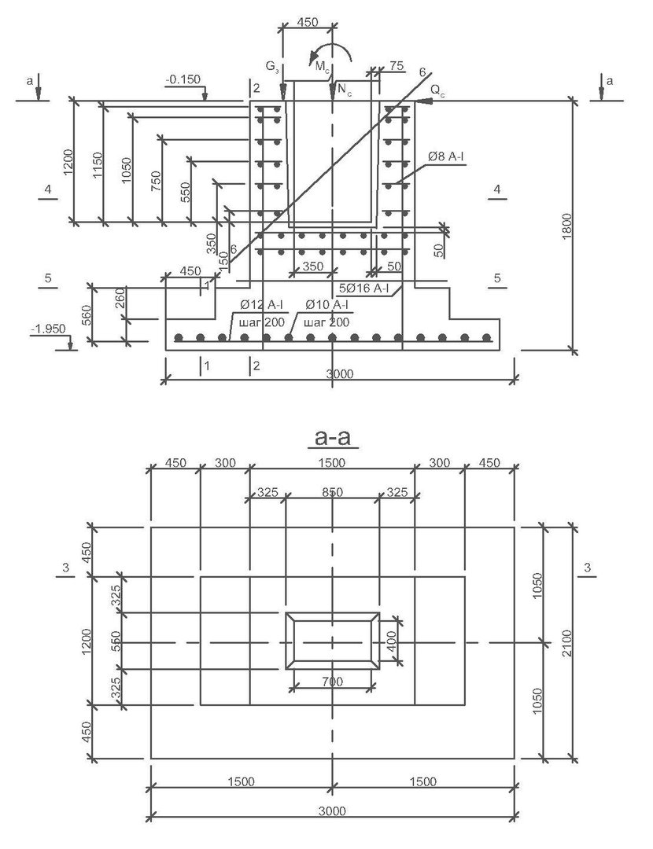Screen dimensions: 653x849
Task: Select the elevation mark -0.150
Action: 183,79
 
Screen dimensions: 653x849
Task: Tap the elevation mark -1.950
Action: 49,329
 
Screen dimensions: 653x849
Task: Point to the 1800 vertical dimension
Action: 566,227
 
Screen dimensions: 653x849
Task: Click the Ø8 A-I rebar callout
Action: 446,157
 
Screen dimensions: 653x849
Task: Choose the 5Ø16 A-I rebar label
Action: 363,289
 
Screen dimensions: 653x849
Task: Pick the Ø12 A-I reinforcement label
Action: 261,305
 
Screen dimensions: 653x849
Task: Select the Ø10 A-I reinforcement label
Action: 326,305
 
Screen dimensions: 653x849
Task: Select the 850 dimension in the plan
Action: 332,492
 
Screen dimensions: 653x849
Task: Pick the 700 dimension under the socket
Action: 332,681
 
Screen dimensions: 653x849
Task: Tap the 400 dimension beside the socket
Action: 391,641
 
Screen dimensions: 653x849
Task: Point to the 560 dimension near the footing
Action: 87,316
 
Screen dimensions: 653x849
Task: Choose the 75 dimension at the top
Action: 397,65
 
